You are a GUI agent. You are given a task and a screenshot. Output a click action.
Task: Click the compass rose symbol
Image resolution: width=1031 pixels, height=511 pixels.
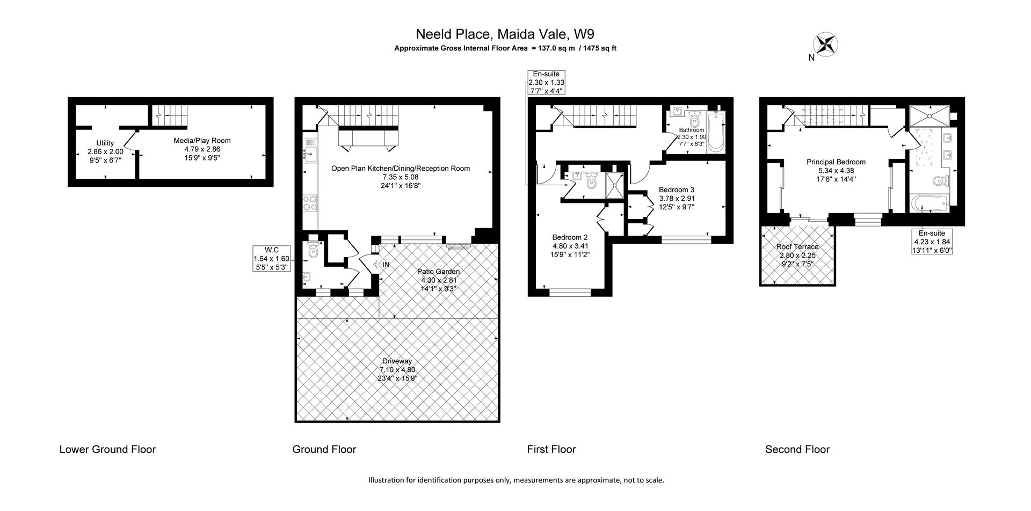point(826,44)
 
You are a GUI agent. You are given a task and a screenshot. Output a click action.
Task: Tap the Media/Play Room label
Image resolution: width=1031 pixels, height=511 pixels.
point(202,149)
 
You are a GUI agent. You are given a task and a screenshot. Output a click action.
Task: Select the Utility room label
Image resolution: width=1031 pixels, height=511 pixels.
point(105,151)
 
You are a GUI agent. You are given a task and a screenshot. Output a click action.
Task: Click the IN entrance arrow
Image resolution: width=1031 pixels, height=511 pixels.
point(381,265)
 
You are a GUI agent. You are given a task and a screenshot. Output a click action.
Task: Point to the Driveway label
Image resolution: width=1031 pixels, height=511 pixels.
point(397,369)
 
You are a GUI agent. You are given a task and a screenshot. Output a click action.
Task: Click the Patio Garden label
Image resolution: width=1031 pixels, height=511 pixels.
point(438,280)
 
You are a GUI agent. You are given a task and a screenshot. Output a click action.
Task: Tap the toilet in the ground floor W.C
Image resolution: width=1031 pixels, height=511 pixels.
point(313,250)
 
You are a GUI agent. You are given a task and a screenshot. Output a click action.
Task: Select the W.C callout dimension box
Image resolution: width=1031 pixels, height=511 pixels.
point(272,258)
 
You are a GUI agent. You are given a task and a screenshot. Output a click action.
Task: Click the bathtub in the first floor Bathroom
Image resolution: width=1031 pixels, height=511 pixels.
point(716,132)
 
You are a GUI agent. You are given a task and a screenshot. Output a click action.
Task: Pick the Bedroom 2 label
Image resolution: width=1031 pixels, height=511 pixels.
point(570,246)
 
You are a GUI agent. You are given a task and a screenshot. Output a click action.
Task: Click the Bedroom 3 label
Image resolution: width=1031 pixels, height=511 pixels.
point(676,198)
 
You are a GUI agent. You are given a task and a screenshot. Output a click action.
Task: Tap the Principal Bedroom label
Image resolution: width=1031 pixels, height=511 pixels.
point(836,170)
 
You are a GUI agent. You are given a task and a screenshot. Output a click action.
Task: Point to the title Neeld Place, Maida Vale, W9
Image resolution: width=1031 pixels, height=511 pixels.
point(505,34)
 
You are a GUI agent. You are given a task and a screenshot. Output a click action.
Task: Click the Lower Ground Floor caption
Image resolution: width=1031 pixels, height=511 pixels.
point(107,449)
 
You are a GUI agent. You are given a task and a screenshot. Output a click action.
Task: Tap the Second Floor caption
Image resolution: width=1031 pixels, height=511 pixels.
point(797,449)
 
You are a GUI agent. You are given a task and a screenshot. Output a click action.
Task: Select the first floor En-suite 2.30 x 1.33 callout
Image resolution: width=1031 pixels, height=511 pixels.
point(546,83)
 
